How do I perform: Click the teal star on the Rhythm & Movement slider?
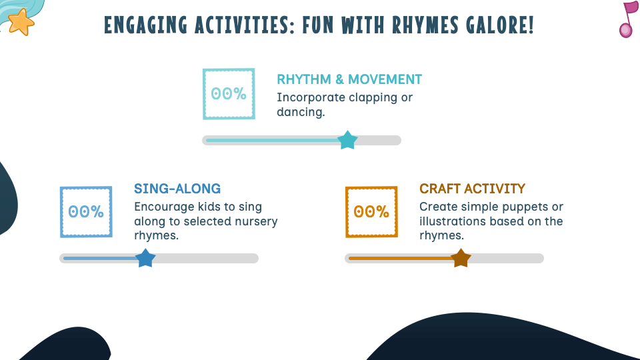coord(347,141)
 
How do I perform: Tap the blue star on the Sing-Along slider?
coord(145,258)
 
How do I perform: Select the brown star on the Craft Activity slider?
coord(461,258)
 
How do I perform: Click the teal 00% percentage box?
coord(229,94)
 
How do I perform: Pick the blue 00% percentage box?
coord(86,212)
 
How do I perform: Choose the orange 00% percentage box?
coord(371,212)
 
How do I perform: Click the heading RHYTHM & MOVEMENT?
coord(349,79)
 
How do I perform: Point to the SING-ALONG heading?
coord(177,189)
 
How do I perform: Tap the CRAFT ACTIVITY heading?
coord(472,189)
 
